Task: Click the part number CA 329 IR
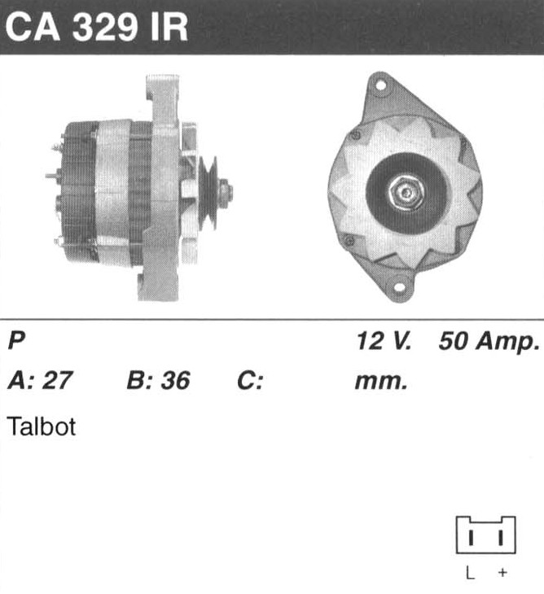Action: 97,28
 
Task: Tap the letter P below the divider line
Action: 16,340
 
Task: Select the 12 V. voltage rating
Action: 384,341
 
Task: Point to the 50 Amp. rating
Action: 489,341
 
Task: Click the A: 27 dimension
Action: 40,380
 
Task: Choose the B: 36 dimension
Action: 158,380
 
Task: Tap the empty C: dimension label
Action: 250,380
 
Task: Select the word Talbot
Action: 42,426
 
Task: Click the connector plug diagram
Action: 485,535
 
